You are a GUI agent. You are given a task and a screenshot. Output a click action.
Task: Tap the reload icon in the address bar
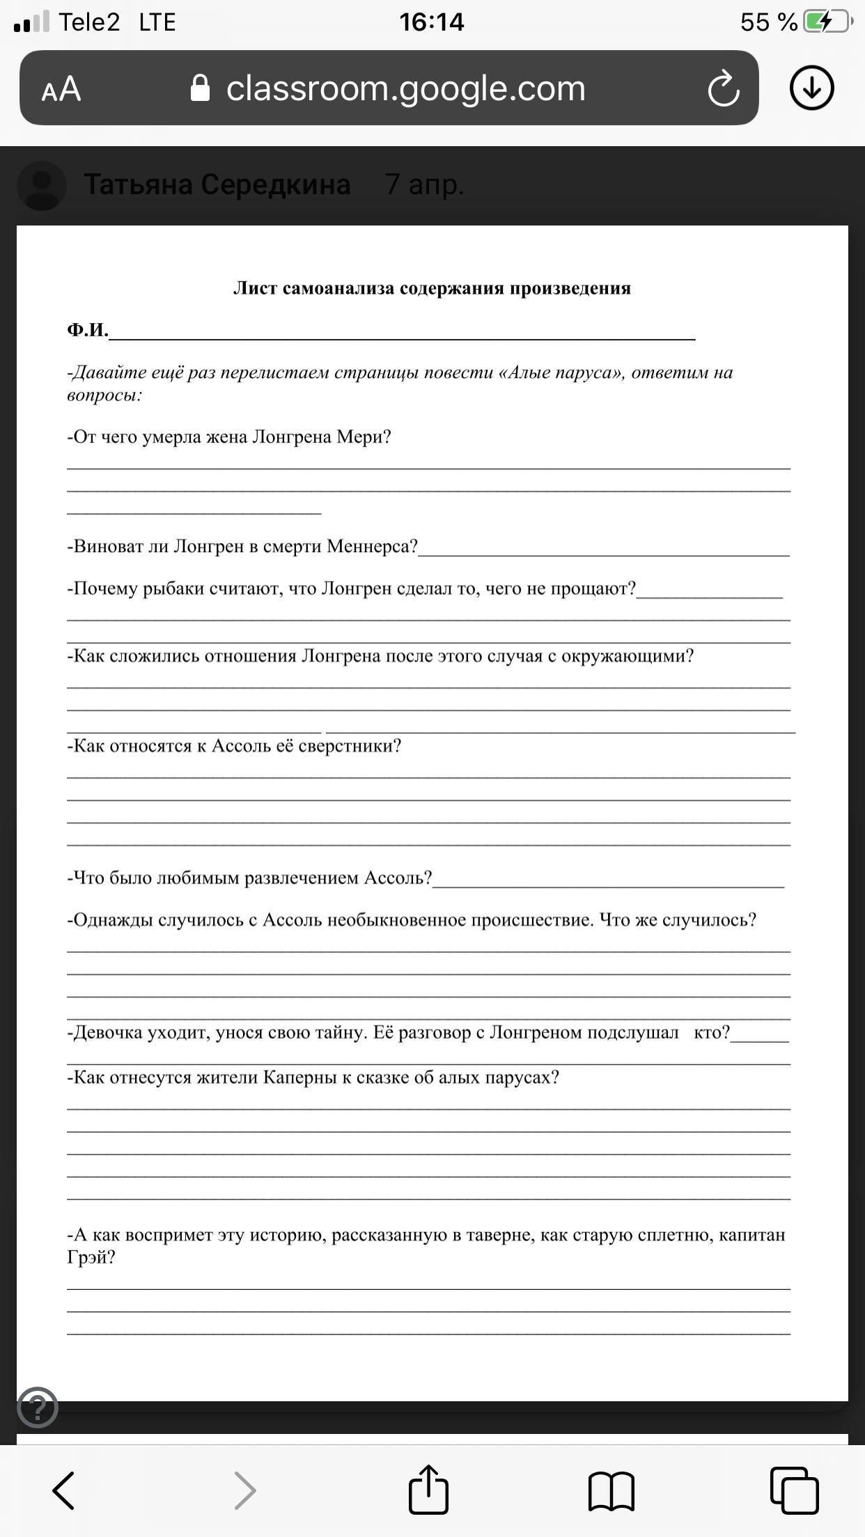coord(723,88)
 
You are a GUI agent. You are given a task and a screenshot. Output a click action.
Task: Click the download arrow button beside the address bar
coord(811,88)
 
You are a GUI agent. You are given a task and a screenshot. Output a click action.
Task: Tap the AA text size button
coord(61,89)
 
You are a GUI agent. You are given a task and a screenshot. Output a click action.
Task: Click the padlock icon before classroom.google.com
coord(200,88)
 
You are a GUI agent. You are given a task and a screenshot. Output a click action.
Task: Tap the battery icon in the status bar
coord(827,22)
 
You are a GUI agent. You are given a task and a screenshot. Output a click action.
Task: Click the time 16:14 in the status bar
coord(432,22)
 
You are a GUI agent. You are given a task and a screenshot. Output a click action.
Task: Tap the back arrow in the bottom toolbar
coord(64,1490)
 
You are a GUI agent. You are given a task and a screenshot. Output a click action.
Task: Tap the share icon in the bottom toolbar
coord(428,1490)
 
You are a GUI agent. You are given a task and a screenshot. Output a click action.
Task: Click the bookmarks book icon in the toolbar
coord(611,1490)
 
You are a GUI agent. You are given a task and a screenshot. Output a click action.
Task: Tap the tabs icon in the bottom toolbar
coord(794,1490)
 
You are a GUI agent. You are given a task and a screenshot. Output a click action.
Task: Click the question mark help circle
coord(38,1408)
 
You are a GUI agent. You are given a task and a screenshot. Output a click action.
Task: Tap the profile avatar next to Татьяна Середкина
coord(42,186)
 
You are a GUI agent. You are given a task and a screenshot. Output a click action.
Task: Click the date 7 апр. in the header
coord(424,184)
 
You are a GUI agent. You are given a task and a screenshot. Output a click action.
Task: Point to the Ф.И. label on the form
coord(88,330)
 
